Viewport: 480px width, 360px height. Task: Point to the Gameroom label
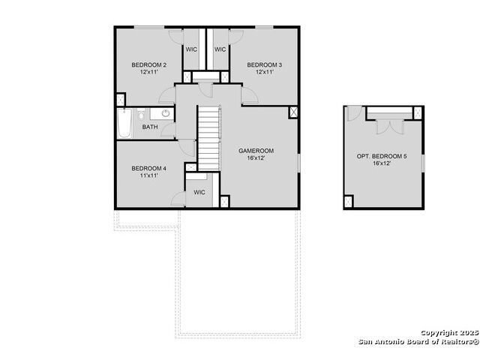tap(256, 151)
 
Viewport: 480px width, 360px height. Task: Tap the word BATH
tap(150, 127)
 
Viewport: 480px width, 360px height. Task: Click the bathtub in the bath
tap(125, 123)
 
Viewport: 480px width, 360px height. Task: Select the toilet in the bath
tap(141, 114)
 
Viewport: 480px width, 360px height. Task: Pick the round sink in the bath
tap(166, 113)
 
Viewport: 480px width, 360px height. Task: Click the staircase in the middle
tap(209, 138)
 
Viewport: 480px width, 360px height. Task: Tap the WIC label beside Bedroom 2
tap(191, 49)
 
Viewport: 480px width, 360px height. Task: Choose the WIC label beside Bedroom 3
tap(220, 49)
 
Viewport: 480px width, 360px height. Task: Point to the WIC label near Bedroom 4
tap(199, 192)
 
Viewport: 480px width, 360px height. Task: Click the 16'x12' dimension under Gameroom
tap(256, 158)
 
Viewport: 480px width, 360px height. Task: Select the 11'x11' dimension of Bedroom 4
tap(149, 175)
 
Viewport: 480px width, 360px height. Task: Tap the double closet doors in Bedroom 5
tap(390, 127)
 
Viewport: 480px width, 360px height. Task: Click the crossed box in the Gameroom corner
tap(293, 112)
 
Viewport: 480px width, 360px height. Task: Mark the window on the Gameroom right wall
tap(298, 162)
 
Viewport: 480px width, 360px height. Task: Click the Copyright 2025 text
tap(449, 333)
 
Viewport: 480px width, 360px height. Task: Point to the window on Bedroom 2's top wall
tap(149, 28)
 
